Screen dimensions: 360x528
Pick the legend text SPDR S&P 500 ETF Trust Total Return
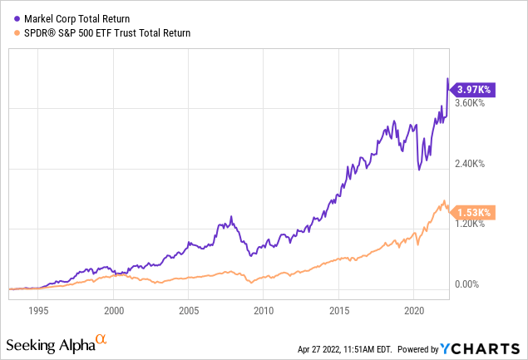pos(103,33)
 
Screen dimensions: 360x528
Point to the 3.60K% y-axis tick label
pos(468,103)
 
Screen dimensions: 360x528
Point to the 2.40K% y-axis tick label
pos(468,164)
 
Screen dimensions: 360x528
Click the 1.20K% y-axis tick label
pos(468,224)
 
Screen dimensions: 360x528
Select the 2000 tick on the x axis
pos(114,310)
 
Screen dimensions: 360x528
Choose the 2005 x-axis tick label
pos(189,310)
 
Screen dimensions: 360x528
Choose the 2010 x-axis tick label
pos(264,310)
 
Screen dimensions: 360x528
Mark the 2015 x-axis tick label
pos(338,310)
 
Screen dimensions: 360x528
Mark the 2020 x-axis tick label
pos(414,310)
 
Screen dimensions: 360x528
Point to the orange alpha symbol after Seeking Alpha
pos(101,340)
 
